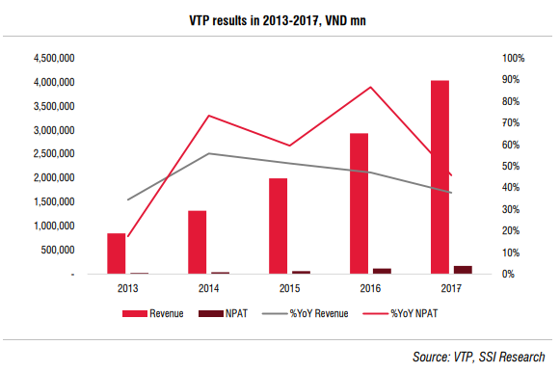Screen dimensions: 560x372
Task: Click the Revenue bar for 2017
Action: [x=440, y=177]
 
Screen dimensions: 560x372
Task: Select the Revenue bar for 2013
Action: [x=117, y=253]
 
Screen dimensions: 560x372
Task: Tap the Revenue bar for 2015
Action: [x=279, y=226]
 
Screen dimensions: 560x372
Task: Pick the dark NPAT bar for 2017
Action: [x=463, y=270]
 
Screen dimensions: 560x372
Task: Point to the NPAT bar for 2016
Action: [x=382, y=271]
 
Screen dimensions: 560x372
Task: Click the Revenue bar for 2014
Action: [x=198, y=243]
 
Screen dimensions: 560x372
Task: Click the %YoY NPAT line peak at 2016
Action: [x=371, y=87]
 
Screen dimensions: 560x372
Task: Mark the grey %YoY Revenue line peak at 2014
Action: [x=209, y=153]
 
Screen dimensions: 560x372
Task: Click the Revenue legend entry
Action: [x=153, y=313]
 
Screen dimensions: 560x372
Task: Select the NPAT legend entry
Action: [x=223, y=313]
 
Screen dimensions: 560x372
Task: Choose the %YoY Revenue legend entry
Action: [x=305, y=313]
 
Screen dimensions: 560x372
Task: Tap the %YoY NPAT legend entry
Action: [x=400, y=313]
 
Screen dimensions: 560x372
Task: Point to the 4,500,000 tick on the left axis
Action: [x=54, y=58]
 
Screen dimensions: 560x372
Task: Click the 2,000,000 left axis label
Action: [x=54, y=177]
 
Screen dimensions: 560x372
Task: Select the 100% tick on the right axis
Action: [x=513, y=58]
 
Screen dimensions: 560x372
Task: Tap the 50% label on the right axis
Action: [x=511, y=167]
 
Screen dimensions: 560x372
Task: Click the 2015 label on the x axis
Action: [x=290, y=288]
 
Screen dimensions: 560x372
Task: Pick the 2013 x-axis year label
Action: [x=128, y=288]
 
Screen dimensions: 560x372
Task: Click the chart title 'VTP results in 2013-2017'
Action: [x=253, y=20]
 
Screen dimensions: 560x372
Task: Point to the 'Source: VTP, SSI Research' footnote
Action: [x=479, y=357]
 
